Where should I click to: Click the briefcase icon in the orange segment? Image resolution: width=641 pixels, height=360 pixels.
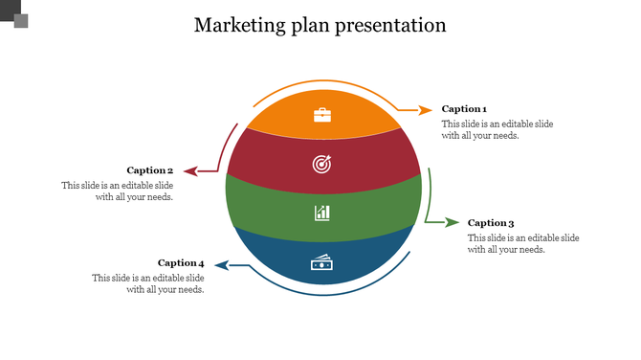(322, 115)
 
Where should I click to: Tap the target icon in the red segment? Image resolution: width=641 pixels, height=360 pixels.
(322, 164)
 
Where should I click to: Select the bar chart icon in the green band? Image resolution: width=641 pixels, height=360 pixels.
(322, 212)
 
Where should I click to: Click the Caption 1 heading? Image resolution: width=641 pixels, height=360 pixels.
(464, 109)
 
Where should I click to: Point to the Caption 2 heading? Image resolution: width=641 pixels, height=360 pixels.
(150, 170)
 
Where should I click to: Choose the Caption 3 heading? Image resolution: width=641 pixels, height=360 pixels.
(491, 223)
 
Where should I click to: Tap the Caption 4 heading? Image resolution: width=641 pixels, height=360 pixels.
(181, 262)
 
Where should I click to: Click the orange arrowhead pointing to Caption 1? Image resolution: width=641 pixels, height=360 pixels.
(426, 110)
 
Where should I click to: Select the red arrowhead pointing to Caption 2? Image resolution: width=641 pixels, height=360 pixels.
(190, 171)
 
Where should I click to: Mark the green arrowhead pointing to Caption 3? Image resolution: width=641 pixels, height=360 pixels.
(453, 222)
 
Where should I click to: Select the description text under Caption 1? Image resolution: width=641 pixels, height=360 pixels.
(497, 130)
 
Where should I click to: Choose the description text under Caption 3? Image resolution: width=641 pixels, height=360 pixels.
(523, 243)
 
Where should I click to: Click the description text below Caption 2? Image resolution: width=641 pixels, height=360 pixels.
(118, 191)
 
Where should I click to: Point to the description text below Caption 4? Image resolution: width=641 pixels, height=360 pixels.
(148, 283)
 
